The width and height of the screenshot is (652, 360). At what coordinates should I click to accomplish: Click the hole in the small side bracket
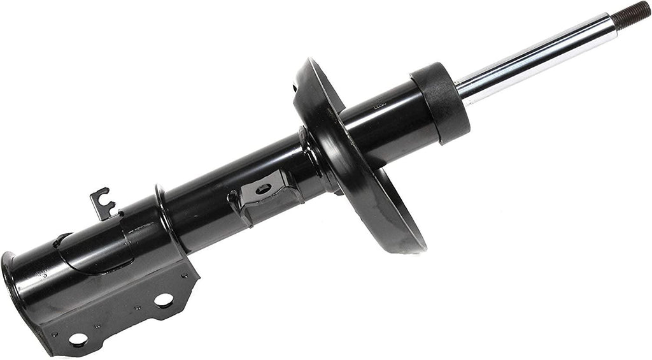[264, 188]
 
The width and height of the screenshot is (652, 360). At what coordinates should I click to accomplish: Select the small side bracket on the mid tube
[264, 194]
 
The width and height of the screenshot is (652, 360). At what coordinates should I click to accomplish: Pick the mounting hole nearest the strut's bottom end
[78, 340]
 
